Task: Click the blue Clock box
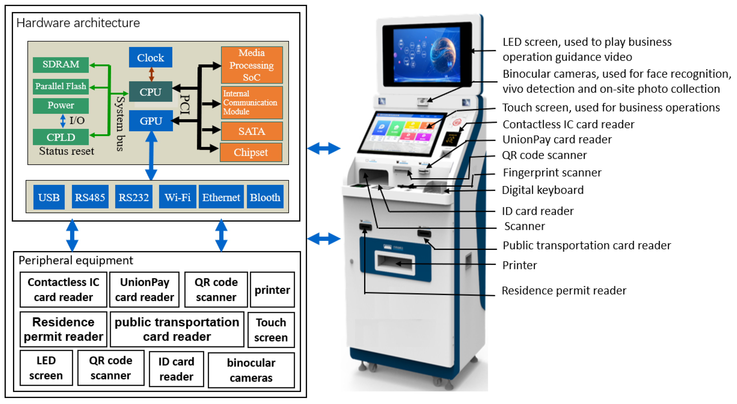point(151,57)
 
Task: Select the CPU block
point(151,92)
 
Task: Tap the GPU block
point(151,120)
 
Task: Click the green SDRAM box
point(61,64)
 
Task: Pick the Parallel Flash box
point(61,86)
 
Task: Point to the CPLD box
point(61,137)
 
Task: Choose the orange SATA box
point(251,131)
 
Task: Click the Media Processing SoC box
point(251,65)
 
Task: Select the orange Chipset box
point(251,152)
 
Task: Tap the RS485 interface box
point(90,197)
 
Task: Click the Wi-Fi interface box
point(177,197)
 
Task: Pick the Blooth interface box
point(265,197)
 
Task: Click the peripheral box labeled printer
point(272,290)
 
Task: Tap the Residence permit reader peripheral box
point(63,329)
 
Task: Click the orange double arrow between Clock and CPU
point(152,74)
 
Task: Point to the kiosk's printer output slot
point(395,262)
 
